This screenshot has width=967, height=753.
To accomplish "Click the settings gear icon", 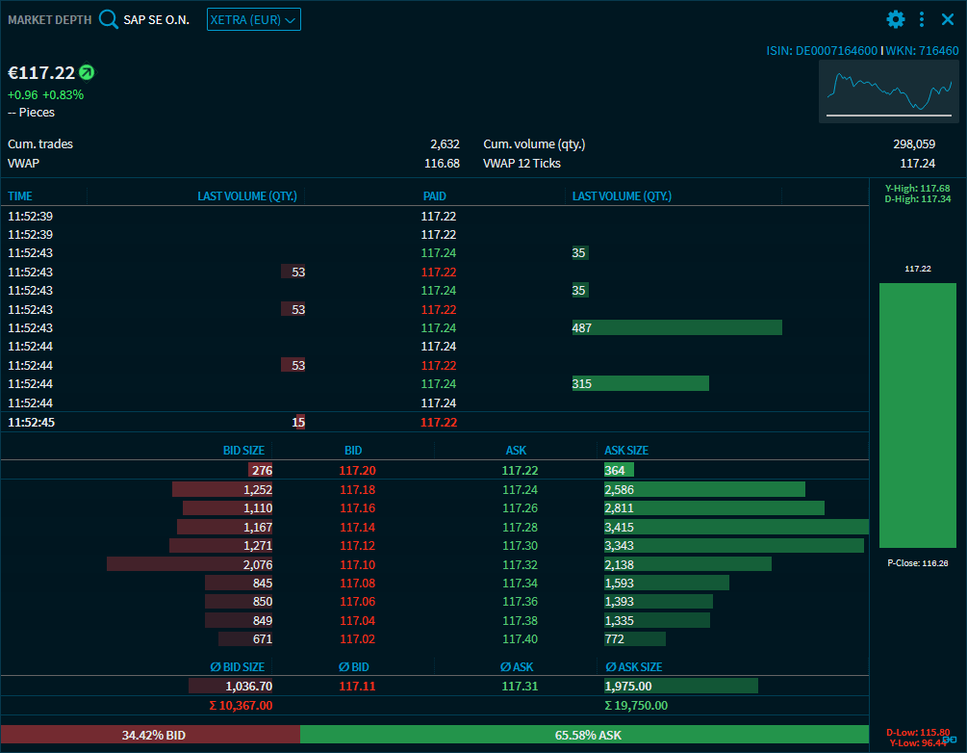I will pyautogui.click(x=896, y=19).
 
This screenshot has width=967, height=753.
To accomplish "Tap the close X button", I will pyautogui.click(x=948, y=19).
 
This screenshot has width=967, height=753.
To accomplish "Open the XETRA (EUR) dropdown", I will pyautogui.click(x=254, y=19).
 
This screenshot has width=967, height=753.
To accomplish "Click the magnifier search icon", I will pyautogui.click(x=109, y=19).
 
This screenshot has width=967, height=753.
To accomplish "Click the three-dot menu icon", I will pyautogui.click(x=922, y=19).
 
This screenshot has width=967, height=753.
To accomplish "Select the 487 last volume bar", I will pyautogui.click(x=676, y=327).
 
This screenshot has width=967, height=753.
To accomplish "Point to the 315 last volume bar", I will pyautogui.click(x=640, y=383).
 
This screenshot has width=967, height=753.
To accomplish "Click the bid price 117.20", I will pyautogui.click(x=358, y=470).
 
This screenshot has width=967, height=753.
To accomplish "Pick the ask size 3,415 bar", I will pyautogui.click(x=736, y=527).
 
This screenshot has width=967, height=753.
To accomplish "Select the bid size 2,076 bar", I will pyautogui.click(x=191, y=564).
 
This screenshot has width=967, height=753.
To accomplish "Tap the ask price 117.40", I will pyautogui.click(x=520, y=638).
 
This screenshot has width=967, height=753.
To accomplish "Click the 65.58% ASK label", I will pyautogui.click(x=588, y=735).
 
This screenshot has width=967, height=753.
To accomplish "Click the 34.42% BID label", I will pyautogui.click(x=153, y=735).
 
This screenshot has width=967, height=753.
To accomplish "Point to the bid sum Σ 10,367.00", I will pyautogui.click(x=242, y=705).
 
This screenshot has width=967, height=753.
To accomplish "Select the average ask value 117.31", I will pyautogui.click(x=520, y=687).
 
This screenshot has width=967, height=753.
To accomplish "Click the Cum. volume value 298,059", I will pyautogui.click(x=914, y=144).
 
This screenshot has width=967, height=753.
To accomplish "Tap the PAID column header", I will pyautogui.click(x=435, y=196).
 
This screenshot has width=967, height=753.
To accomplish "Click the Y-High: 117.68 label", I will pyautogui.click(x=917, y=188).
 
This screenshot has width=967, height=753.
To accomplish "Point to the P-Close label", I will pyautogui.click(x=917, y=562).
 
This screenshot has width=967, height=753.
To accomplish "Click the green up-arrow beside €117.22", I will pyautogui.click(x=87, y=72).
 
